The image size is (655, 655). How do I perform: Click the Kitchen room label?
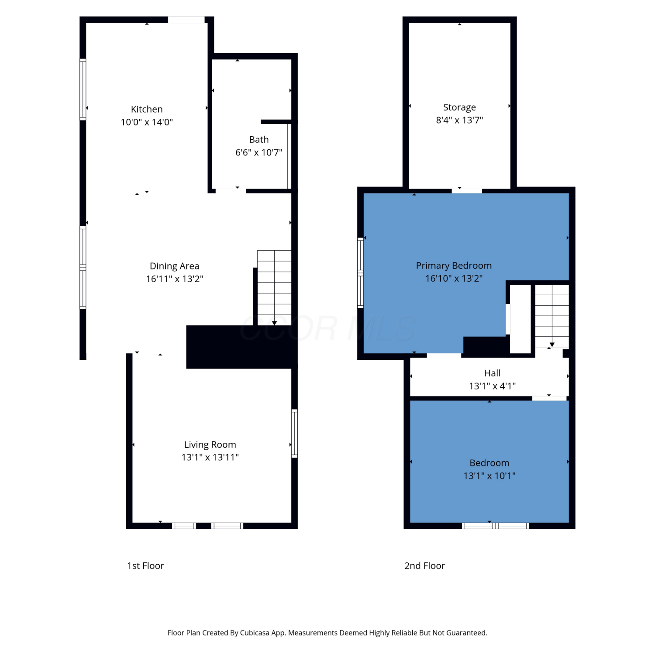[147, 109]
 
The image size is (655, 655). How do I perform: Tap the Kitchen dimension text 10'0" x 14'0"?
[147, 122]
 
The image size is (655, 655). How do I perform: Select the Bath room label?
[259, 140]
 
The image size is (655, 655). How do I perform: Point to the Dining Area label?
[174, 266]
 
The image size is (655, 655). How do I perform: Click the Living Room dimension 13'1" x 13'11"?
[210, 457]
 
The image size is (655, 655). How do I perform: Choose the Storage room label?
[459, 107]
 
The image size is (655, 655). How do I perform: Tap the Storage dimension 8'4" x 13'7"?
[459, 120]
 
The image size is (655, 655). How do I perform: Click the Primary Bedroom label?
[454, 265]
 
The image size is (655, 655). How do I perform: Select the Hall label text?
[492, 373]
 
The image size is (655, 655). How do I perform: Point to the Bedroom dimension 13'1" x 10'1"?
[490, 476]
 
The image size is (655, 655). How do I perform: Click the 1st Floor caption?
[145, 566]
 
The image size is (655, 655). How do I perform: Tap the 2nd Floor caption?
[424, 566]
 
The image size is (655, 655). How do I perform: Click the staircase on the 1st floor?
[274, 288]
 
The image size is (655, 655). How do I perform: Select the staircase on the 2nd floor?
[552, 316]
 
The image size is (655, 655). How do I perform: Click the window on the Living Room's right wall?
[295, 434]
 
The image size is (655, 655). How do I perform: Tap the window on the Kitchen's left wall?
[83, 89]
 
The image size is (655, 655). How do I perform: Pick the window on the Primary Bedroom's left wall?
[361, 273]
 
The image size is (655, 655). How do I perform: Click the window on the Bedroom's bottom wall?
[496, 526]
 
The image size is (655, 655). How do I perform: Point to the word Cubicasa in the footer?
[255, 633]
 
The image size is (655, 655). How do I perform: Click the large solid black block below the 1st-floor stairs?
[242, 347]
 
